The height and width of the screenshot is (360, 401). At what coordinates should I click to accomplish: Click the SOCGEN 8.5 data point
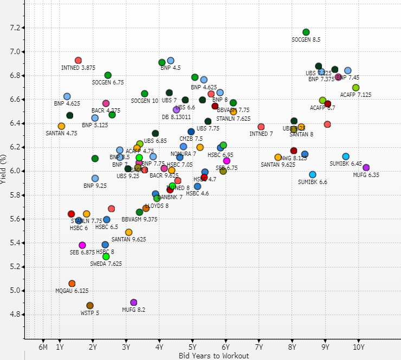(306, 32)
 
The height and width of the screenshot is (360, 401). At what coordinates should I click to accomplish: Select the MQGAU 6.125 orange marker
(72, 284)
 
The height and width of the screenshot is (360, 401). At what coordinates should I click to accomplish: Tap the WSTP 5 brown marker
(90, 306)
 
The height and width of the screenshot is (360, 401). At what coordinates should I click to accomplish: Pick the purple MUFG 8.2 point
(134, 303)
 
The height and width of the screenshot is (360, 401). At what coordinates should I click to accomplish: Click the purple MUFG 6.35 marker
(366, 168)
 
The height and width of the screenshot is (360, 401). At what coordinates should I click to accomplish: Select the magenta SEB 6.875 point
(82, 245)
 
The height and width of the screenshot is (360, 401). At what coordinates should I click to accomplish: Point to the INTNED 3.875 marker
(78, 61)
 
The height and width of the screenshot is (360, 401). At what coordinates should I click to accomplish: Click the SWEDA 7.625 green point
(106, 256)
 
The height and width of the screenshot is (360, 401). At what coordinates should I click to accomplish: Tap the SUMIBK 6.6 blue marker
(313, 175)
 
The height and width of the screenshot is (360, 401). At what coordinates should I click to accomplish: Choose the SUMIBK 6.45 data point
(346, 156)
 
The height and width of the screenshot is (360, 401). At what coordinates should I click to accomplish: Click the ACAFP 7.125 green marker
(355, 88)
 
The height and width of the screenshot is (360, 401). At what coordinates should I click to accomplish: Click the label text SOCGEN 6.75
(107, 82)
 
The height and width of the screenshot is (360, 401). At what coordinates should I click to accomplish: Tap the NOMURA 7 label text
(183, 154)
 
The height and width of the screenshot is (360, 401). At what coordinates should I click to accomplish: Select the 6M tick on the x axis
(43, 347)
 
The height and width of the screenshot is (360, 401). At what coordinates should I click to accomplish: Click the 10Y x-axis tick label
(359, 347)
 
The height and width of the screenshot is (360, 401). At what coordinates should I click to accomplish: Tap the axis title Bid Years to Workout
(214, 356)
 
